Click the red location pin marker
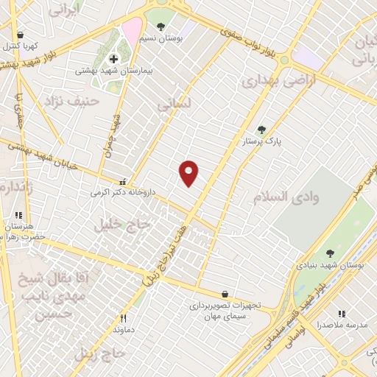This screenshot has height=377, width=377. pyautogui.click(x=189, y=174)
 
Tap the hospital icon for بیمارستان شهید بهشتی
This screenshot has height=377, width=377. pyautogui.click(x=113, y=59)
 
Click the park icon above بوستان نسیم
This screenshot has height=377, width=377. pyautogui.click(x=161, y=27)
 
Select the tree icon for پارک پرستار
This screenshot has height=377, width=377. pyautogui.click(x=261, y=130)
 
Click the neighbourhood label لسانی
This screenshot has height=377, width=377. pyautogui.click(x=174, y=105)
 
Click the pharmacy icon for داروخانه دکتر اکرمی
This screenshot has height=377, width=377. pyautogui.click(x=123, y=181)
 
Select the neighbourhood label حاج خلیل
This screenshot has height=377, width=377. pyautogui.click(x=121, y=225)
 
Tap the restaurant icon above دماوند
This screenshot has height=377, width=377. pyautogui.click(x=124, y=319)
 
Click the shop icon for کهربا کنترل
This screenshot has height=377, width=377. pyautogui.click(x=20, y=35)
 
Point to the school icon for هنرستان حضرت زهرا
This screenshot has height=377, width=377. pyautogui.click(x=17, y=215)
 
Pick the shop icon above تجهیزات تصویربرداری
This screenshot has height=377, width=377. pyautogui.click(x=224, y=293)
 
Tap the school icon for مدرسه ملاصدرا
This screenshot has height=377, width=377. pyautogui.click(x=341, y=313)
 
